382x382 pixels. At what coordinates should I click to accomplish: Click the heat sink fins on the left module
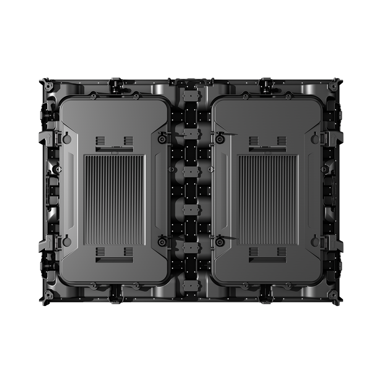click(x=114, y=200)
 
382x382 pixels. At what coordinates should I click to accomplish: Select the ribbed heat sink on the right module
click(x=268, y=200)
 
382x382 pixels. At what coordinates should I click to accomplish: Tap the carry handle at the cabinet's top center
click(x=191, y=82)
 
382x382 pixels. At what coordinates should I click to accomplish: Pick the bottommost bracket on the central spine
click(x=191, y=285)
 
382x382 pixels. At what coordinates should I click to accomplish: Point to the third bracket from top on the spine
click(x=191, y=171)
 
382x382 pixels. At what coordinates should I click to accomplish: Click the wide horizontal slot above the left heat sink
click(x=114, y=149)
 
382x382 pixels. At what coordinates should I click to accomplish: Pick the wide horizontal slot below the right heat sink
click(x=268, y=260)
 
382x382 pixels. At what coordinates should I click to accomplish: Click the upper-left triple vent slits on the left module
click(x=100, y=139)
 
